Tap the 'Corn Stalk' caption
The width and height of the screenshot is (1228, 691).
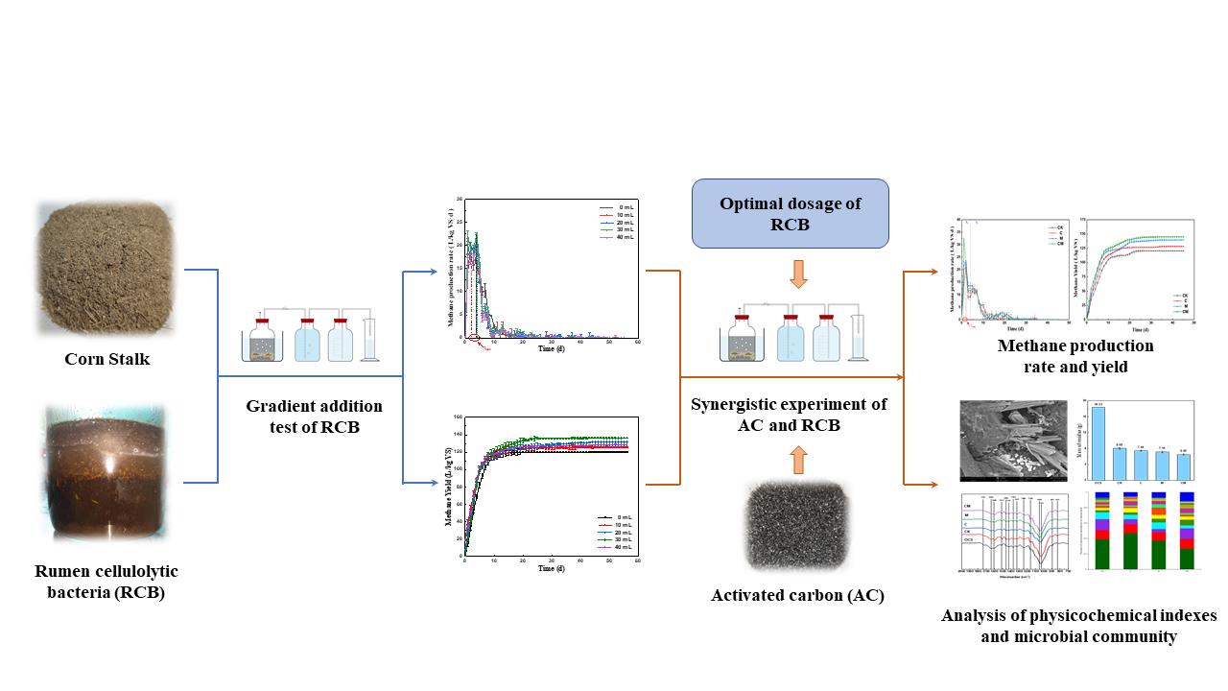pyautogui.click(x=106, y=360)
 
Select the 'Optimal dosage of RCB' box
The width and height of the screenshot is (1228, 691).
pyautogui.click(x=791, y=214)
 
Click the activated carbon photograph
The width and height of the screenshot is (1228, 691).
pyautogui.click(x=796, y=527)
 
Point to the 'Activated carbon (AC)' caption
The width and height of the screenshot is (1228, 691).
pyautogui.click(x=797, y=596)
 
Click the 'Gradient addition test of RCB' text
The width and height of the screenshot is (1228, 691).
pyautogui.click(x=314, y=417)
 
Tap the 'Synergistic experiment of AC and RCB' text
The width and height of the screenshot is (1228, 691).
pyautogui.click(x=789, y=414)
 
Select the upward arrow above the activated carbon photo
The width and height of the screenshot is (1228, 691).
pyautogui.click(x=798, y=461)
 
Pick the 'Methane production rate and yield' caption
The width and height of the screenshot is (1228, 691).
pyautogui.click(x=1075, y=355)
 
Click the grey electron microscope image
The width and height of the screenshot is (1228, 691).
pyautogui.click(x=1005, y=440)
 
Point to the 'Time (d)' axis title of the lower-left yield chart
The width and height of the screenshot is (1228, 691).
pyautogui.click(x=546, y=568)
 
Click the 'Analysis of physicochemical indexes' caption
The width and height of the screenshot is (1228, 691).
pyautogui.click(x=1078, y=616)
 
